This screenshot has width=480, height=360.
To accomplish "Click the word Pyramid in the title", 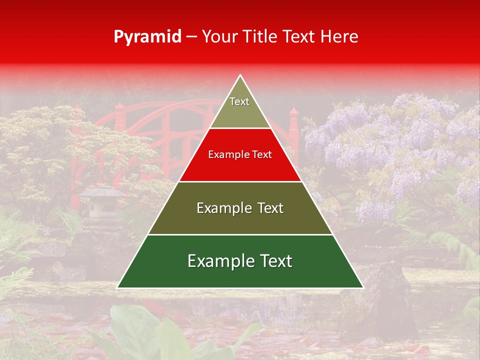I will (x=147, y=37).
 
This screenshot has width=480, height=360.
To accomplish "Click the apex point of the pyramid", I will (x=240, y=75).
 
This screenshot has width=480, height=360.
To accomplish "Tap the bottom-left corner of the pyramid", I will (x=118, y=287).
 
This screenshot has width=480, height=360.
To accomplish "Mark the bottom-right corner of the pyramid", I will (x=362, y=287).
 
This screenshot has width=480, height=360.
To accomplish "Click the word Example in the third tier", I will (x=218, y=208).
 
